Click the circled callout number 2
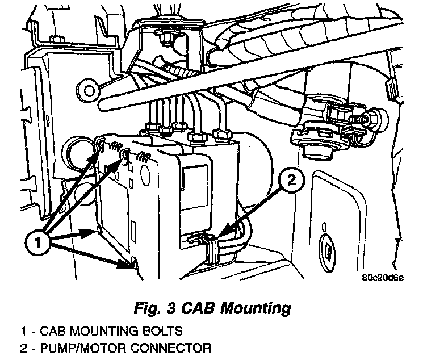(292, 180)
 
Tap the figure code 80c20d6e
(383, 278)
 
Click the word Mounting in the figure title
(256, 309)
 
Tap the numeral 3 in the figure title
(170, 308)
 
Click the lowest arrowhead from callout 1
(126, 263)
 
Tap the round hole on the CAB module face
(147, 174)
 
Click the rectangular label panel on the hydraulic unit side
(194, 188)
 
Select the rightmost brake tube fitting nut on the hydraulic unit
(223, 135)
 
